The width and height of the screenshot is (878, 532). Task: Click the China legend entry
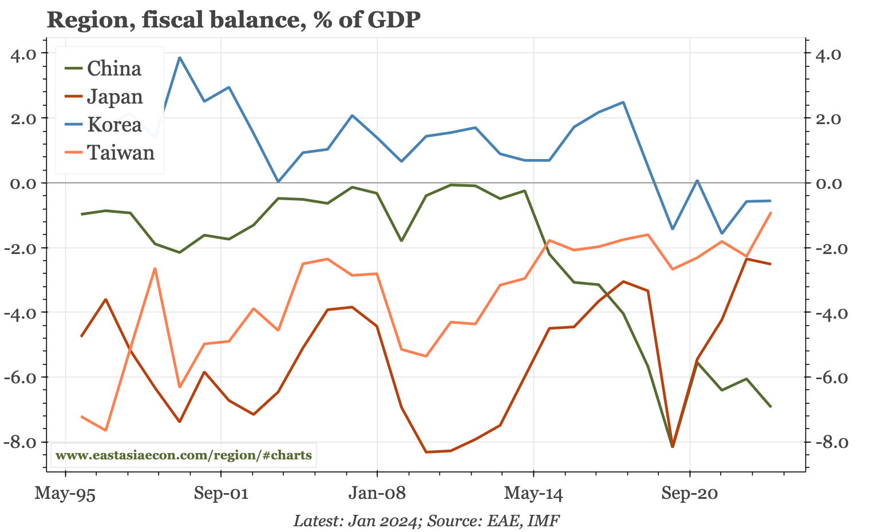click(x=114, y=69)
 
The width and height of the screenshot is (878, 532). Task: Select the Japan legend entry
click(x=114, y=97)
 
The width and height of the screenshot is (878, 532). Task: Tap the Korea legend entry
click(x=114, y=125)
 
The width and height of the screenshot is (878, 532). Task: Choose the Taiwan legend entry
click(x=120, y=153)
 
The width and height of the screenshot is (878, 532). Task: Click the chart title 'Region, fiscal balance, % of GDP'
click(x=234, y=20)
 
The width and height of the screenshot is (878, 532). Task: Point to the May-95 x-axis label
click(x=65, y=493)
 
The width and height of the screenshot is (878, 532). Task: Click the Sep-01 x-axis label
click(x=221, y=493)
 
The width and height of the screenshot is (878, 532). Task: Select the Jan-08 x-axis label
click(x=377, y=493)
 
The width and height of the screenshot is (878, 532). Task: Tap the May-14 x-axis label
click(x=533, y=493)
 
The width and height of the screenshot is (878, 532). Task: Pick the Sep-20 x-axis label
click(x=689, y=493)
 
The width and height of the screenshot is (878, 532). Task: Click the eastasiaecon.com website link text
click(x=184, y=456)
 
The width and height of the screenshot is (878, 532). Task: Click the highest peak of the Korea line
click(x=180, y=57)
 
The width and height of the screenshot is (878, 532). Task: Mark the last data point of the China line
click(x=770, y=407)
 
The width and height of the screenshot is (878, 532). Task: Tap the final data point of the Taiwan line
click(x=771, y=213)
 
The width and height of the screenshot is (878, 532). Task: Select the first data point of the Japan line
click(x=81, y=336)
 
